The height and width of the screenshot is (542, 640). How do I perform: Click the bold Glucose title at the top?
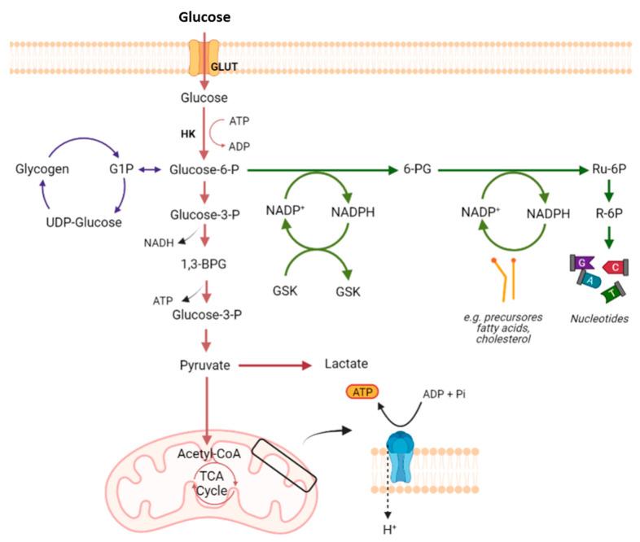204,16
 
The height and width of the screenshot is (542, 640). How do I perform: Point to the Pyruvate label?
204,365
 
